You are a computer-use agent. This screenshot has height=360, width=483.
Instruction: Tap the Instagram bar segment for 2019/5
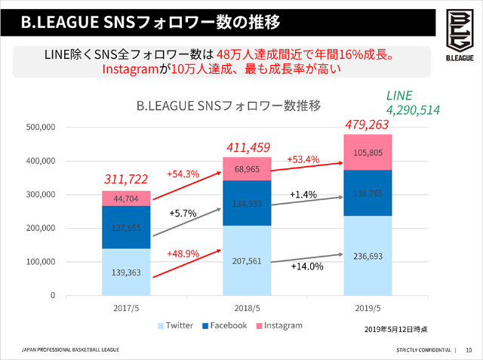pyautogui.click(x=368, y=152)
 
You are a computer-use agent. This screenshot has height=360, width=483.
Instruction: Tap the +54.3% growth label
pyautogui.click(x=183, y=174)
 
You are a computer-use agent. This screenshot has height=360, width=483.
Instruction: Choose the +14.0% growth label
pyautogui.click(x=307, y=266)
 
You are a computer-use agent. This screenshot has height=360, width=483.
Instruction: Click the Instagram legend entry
pyautogui.click(x=278, y=325)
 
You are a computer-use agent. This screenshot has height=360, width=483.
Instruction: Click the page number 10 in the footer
pyautogui.click(x=469, y=350)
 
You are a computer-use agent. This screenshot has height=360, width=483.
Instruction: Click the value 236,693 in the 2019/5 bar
pyautogui.click(x=368, y=256)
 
